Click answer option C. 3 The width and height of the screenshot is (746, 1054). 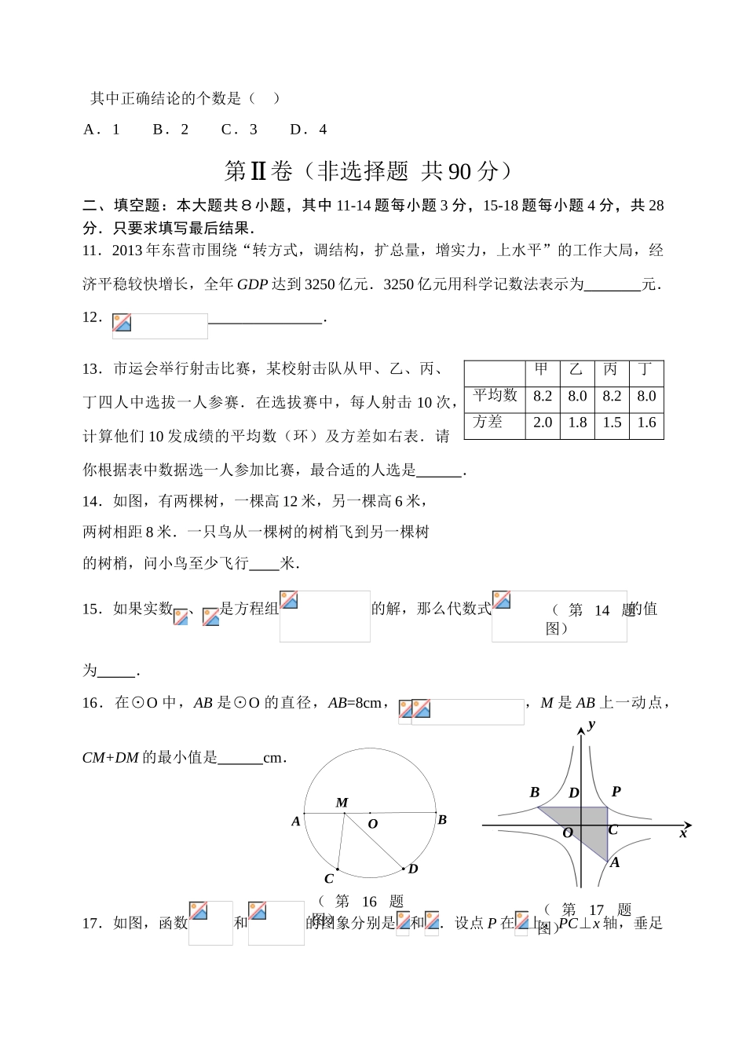coord(239,130)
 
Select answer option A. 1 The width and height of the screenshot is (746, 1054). coord(102,130)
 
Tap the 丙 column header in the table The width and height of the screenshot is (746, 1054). coord(611,370)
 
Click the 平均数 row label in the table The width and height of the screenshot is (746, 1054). coord(495,396)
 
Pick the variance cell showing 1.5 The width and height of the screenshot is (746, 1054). coord(612,423)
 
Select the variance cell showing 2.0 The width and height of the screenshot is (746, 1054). coord(543,423)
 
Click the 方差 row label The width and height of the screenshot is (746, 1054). coord(488,423)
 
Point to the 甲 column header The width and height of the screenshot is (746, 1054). coord(542,370)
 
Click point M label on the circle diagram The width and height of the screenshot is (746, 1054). coord(342,803)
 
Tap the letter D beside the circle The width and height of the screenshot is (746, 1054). coord(413,869)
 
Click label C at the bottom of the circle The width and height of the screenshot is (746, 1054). coord(329,879)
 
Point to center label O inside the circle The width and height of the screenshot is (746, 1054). coord(373,824)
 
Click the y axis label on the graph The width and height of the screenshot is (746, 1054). coord(591,724)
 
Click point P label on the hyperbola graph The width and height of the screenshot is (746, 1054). coord(616,792)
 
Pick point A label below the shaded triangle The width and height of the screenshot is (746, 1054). coord(615,862)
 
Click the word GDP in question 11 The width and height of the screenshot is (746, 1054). coord(252,284)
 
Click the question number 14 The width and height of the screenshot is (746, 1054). coord(92,501)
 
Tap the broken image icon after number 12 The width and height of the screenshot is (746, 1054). coord(122,323)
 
